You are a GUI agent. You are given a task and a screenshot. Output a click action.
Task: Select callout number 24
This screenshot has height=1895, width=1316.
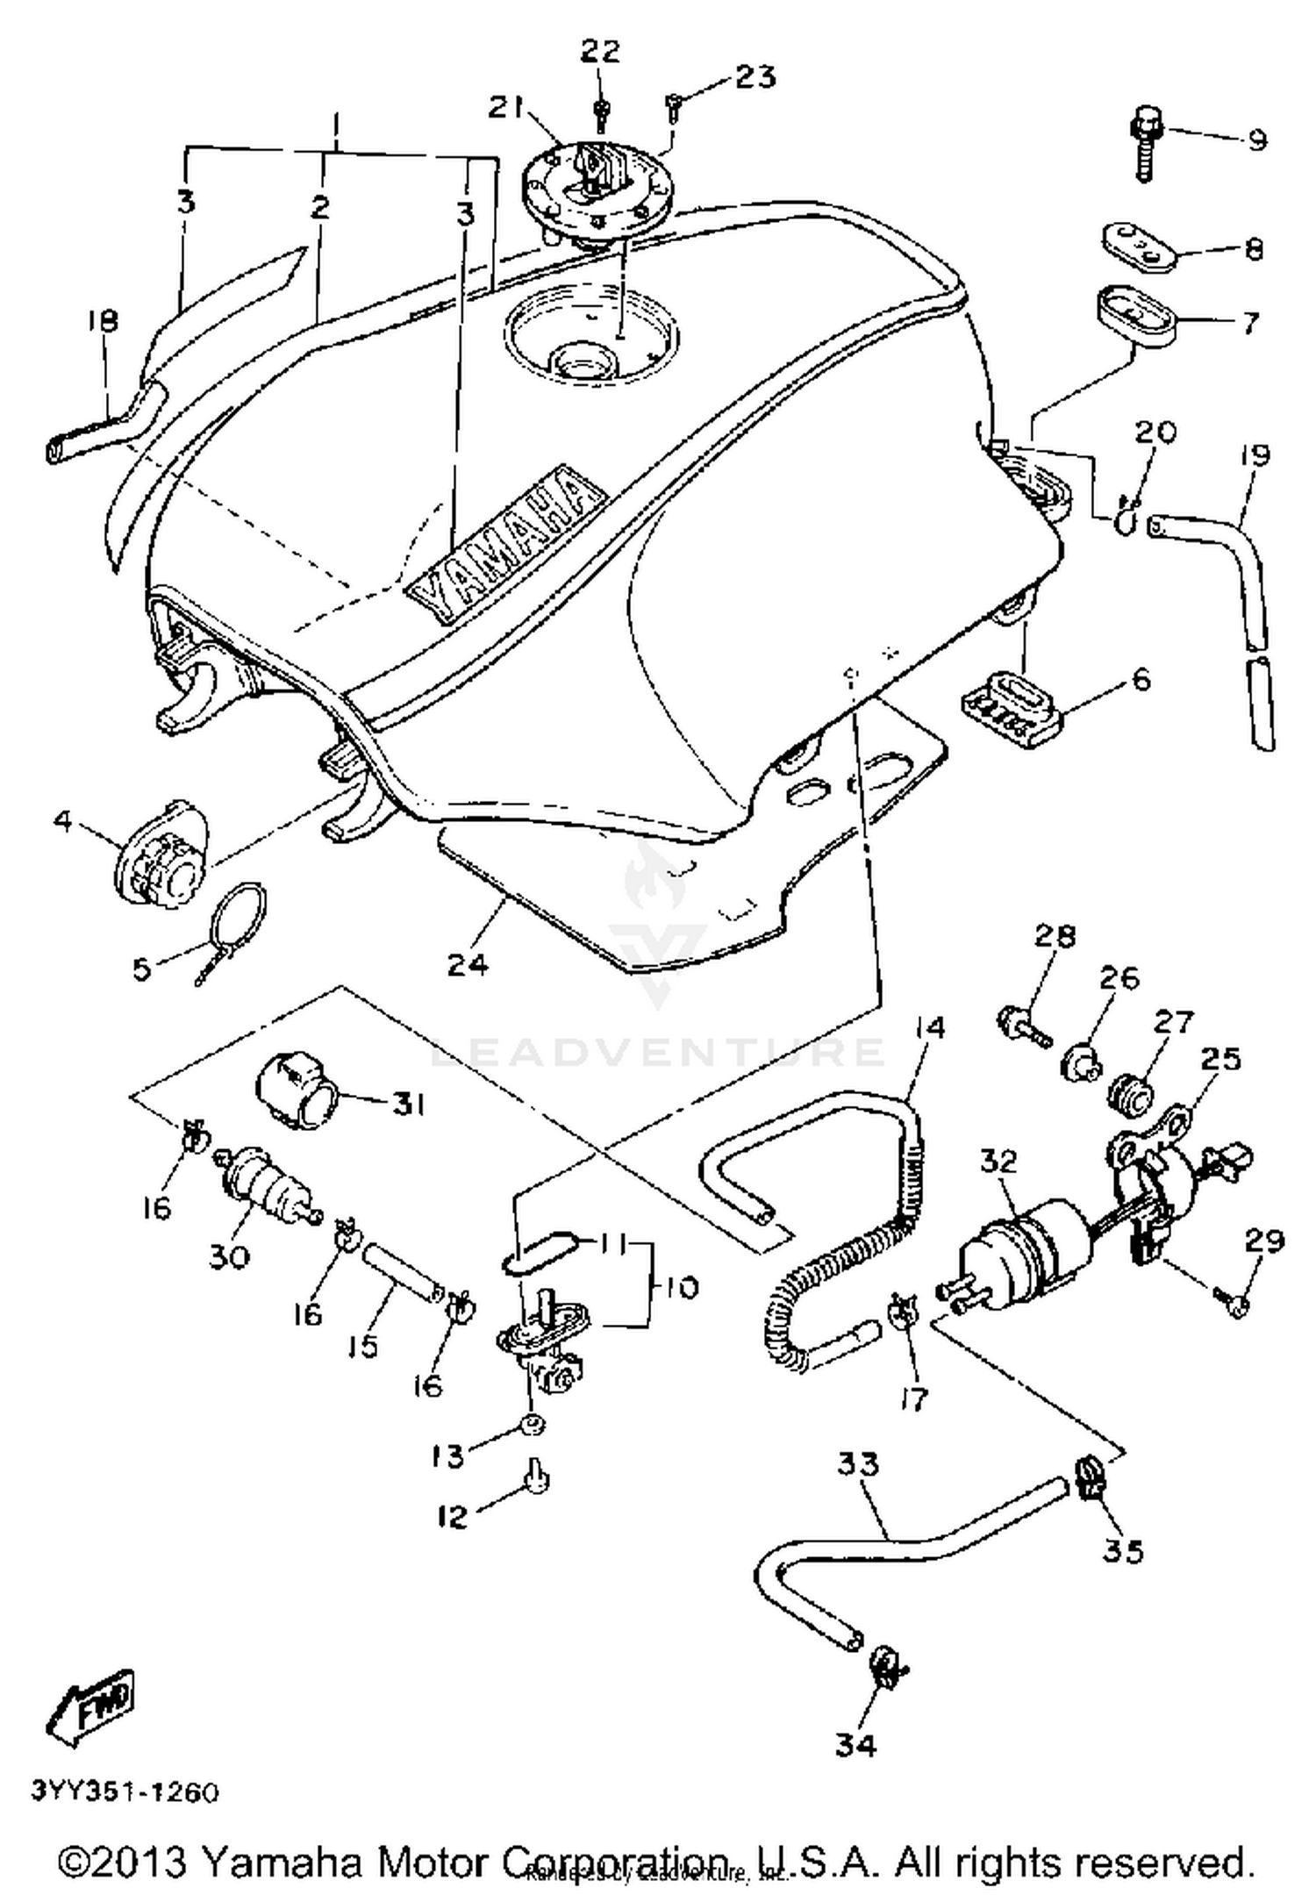tap(468, 964)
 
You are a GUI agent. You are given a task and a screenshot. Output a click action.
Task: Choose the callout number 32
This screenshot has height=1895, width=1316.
tap(998, 1161)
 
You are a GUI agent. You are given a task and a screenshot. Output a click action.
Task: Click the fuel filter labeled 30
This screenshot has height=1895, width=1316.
tap(261, 1183)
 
